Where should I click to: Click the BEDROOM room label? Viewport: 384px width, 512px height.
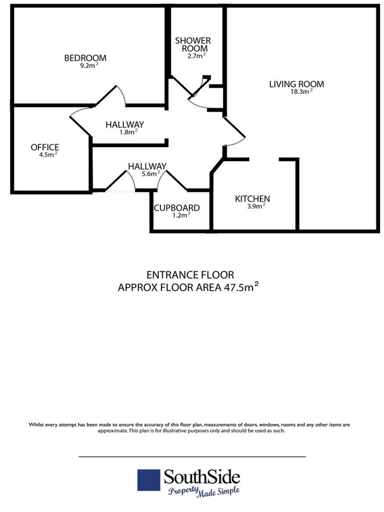click(x=85, y=58)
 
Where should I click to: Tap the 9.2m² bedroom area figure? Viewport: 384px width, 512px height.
click(x=89, y=65)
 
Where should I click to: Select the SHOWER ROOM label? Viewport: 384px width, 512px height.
click(x=193, y=45)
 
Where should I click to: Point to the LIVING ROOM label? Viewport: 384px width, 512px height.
click(x=296, y=84)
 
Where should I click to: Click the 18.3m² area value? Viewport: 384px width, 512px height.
click(x=302, y=92)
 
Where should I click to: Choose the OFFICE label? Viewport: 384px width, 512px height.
click(x=45, y=147)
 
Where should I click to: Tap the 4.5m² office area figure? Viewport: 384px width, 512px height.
click(x=48, y=155)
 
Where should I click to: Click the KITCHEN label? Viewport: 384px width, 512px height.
click(x=253, y=199)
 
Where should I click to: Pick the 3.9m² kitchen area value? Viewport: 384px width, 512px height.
click(x=257, y=206)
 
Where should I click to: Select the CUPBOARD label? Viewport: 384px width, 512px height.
click(x=177, y=208)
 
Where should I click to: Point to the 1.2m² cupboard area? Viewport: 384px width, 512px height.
click(x=181, y=216)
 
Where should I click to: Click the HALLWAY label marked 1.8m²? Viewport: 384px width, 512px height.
click(x=125, y=125)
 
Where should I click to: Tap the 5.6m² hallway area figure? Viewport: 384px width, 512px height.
click(x=151, y=174)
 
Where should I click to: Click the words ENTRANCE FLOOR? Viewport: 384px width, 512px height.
click(x=191, y=275)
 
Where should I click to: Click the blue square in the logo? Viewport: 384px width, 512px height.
click(x=148, y=480)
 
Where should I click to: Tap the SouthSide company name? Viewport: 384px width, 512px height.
click(x=202, y=477)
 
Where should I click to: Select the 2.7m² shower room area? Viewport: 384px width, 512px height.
click(x=197, y=56)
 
